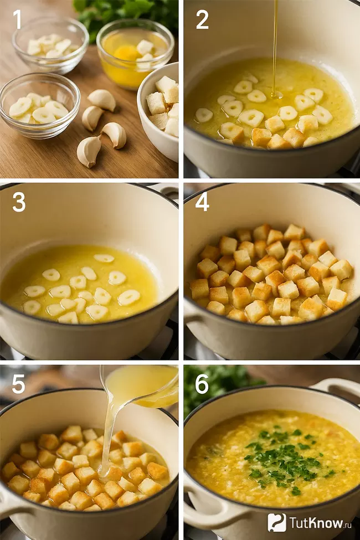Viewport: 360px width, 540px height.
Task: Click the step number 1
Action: pyautogui.click(x=17, y=19)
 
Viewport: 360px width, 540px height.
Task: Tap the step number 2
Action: pyautogui.click(x=202, y=19)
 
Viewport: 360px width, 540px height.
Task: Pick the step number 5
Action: pyautogui.click(x=18, y=384)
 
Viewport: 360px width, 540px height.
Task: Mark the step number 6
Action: pyautogui.click(x=202, y=384)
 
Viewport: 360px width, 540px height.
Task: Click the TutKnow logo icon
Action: pyautogui.click(x=276, y=522)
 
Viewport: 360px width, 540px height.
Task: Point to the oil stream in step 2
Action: pyautogui.click(x=275, y=48)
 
